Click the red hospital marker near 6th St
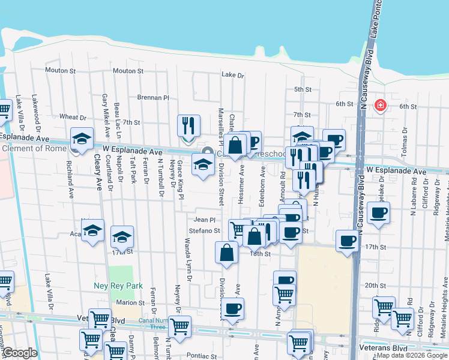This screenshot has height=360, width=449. tap(380, 106)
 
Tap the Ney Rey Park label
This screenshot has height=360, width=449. tap(118, 286)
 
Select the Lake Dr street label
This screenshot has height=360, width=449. tap(233, 75)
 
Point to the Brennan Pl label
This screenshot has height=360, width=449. tap(154, 97)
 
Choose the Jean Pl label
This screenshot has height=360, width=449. tap(200, 220)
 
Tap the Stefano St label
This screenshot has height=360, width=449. tap(205, 230)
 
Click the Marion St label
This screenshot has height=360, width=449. tap(131, 302)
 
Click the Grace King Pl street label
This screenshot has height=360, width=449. tap(179, 179)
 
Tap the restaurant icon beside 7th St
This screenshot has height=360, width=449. tap(188, 126)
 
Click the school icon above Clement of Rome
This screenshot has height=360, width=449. tap(81, 139)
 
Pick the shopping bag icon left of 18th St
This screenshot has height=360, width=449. tap(226, 253)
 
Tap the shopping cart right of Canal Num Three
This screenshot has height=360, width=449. tap(179, 327)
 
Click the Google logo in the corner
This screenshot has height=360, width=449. tap(19, 353)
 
